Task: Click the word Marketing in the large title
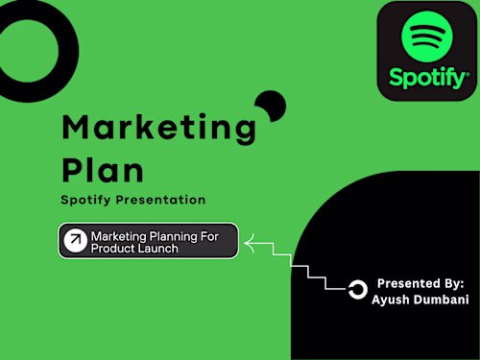point(158,127)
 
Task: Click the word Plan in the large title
point(103,169)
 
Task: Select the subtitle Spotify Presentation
point(133,200)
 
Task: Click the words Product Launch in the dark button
point(134,249)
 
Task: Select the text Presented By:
point(420,283)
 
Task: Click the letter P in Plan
point(73,169)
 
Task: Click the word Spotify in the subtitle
point(86,200)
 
